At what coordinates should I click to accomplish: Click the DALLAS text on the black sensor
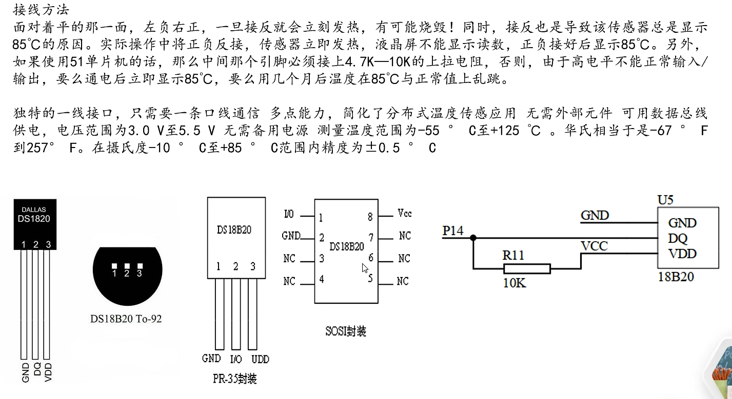coord(34,209)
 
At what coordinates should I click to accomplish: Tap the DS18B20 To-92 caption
coord(126,319)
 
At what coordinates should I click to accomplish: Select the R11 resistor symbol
coord(527,269)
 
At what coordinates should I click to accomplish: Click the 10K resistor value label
coord(514,283)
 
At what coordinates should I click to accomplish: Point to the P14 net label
coord(452,231)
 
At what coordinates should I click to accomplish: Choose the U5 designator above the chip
coord(665,200)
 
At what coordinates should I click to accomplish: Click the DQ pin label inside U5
coord(678,239)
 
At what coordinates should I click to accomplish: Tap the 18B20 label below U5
coord(676,277)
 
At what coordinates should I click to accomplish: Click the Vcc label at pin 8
coord(404,213)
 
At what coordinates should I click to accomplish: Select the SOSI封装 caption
coord(346,331)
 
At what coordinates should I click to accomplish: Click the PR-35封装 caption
coord(234,379)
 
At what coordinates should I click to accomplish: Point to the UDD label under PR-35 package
coord(260,359)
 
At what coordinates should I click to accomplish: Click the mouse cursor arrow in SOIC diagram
coord(365,268)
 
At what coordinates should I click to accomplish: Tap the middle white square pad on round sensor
coord(127,266)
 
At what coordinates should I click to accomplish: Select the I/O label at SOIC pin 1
coord(289,213)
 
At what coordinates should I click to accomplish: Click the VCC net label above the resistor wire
coord(594,246)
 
